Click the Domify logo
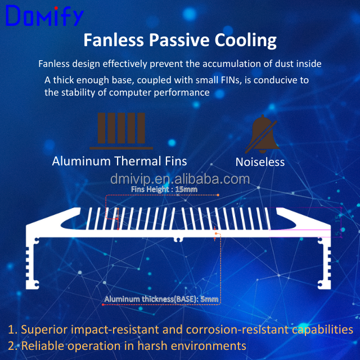pyautogui.click(x=44, y=17)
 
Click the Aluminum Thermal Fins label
pyautogui.click(x=119, y=161)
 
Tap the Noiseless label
pyautogui.click(x=260, y=162)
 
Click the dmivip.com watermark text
pyautogui.click(x=179, y=179)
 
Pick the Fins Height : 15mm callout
pyautogui.click(x=164, y=190)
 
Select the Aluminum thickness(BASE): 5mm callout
pyautogui.click(x=161, y=299)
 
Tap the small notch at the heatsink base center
pyautogui.click(x=179, y=239)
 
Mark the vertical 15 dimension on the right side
pyautogui.click(x=338, y=216)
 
